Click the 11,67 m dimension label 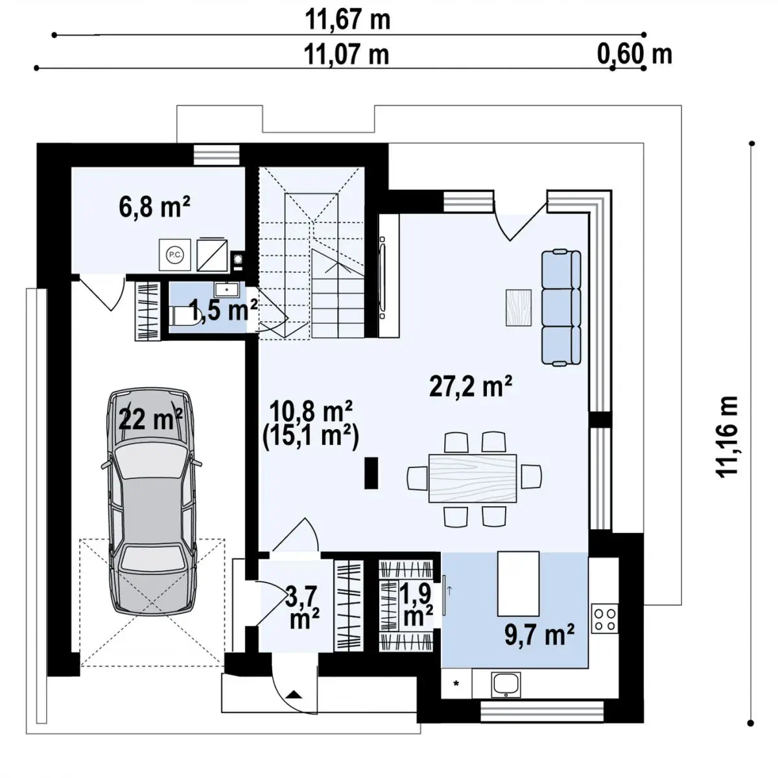[x=348, y=19]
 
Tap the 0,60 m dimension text [x=634, y=54]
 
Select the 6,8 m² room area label [x=154, y=206]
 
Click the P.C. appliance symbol [x=175, y=255]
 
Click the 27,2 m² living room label [x=470, y=386]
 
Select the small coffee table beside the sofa [x=519, y=308]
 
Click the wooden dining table [x=473, y=478]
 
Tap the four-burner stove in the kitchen [x=604, y=618]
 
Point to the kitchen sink [x=506, y=685]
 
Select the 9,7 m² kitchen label [x=539, y=635]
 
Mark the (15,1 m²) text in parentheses [x=311, y=437]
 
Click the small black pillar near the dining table [x=371, y=473]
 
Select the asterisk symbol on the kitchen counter [x=456, y=683]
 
